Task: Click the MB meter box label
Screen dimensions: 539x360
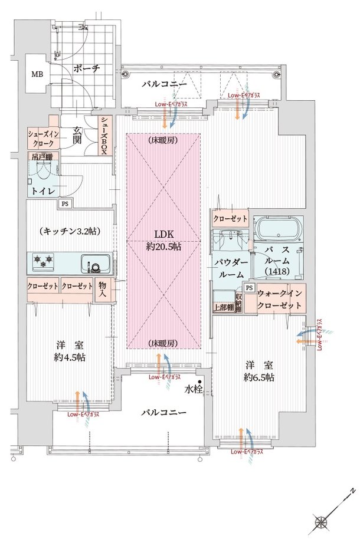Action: [37, 75]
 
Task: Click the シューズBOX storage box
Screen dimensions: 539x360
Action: [103, 136]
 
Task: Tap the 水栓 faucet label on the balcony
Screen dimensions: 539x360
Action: [192, 389]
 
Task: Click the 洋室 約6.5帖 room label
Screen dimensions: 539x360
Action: [256, 370]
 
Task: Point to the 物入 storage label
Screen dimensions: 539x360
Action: [102, 288]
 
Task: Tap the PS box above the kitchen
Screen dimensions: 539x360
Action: [63, 204]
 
